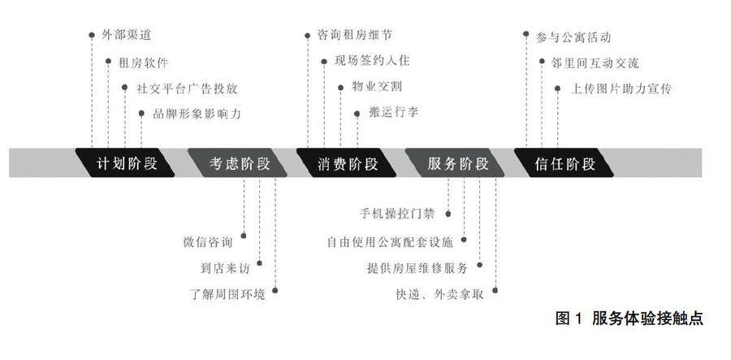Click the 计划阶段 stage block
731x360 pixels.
(126, 163)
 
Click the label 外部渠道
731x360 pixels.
(127, 36)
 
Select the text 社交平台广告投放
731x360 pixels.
(186, 88)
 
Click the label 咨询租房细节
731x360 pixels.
(353, 36)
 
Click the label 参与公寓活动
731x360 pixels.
(573, 37)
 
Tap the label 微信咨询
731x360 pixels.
(208, 241)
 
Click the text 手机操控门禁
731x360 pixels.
(397, 215)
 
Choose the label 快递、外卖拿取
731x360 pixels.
(439, 293)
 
